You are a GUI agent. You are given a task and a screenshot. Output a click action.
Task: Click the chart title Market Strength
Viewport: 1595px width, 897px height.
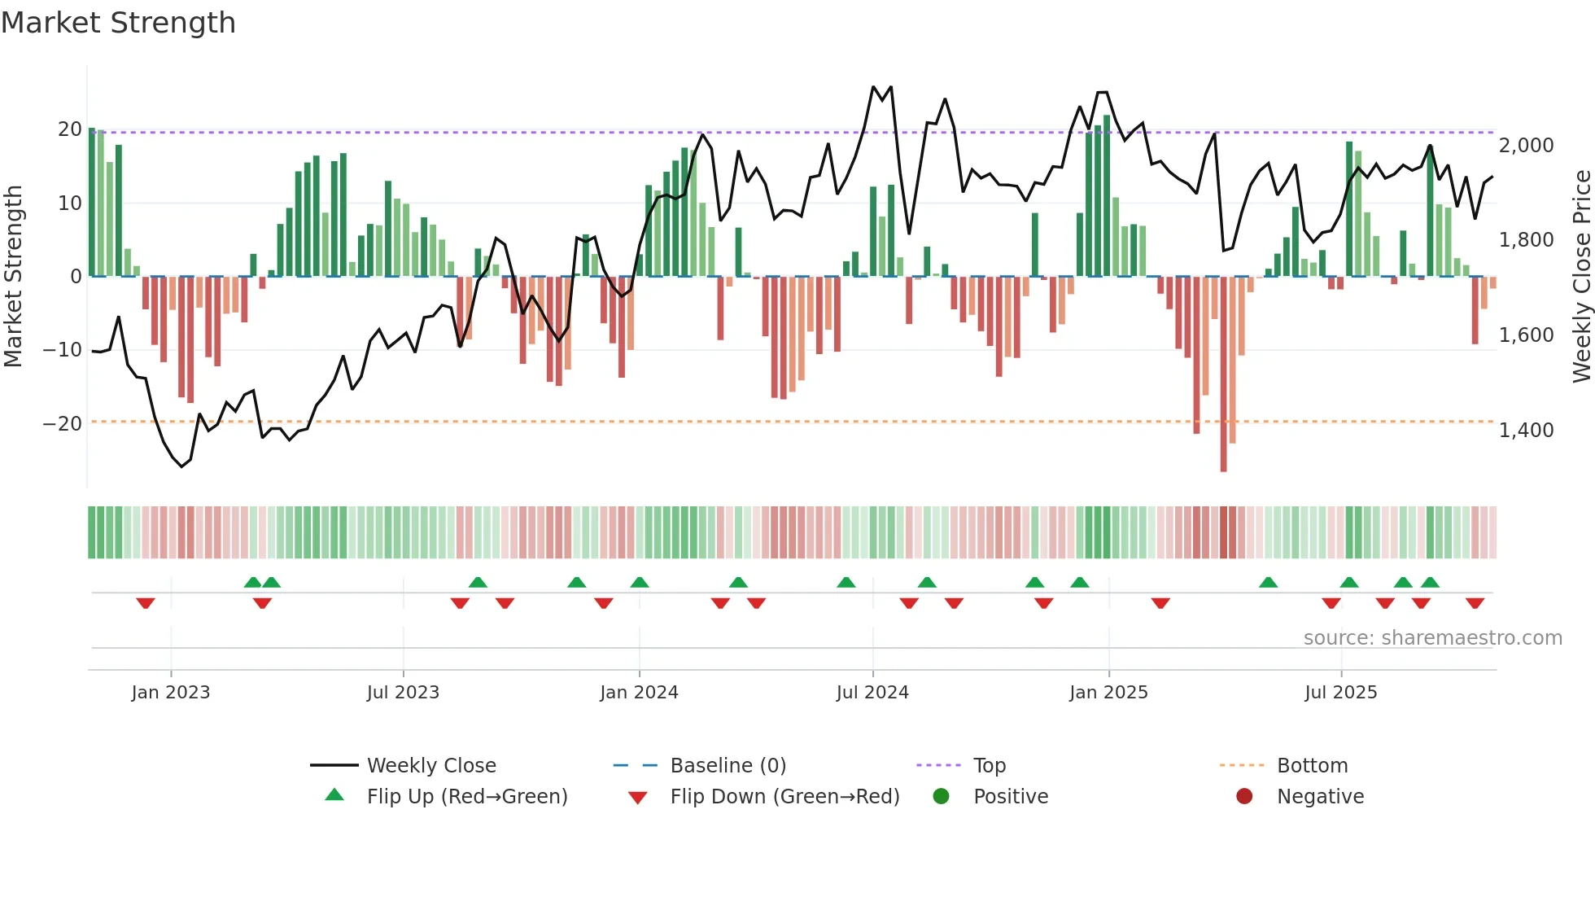pyautogui.click(x=119, y=23)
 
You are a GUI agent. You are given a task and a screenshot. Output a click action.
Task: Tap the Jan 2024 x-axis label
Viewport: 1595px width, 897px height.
pyautogui.click(x=639, y=693)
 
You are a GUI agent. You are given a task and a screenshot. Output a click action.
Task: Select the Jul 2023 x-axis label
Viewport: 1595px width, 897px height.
pyautogui.click(x=403, y=693)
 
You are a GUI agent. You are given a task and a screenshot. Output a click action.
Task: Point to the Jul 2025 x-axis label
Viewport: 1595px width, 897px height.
pyautogui.click(x=1340, y=693)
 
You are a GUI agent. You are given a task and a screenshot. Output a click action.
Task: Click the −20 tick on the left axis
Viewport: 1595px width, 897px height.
pyautogui.click(x=63, y=424)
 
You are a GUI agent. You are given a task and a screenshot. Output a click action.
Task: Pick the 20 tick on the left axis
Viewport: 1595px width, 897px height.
pyautogui.click(x=70, y=129)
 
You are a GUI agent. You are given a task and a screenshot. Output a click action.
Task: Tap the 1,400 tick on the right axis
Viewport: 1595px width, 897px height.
pyautogui.click(x=1526, y=431)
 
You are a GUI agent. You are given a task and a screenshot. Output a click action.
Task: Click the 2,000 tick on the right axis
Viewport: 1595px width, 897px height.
pyautogui.click(x=1526, y=146)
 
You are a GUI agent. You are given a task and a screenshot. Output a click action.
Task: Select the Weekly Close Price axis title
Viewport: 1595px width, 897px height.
pyautogui.click(x=1581, y=277)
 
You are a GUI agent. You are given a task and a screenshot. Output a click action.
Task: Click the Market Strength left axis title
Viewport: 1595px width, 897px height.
pyautogui.click(x=14, y=277)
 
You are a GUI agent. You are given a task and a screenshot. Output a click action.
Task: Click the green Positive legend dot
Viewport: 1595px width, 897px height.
pyautogui.click(x=942, y=797)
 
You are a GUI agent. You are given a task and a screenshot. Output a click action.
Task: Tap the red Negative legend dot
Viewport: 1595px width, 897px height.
pyautogui.click(x=1244, y=797)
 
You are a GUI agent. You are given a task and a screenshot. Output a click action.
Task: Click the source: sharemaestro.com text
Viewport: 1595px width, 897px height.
pyautogui.click(x=1432, y=638)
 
